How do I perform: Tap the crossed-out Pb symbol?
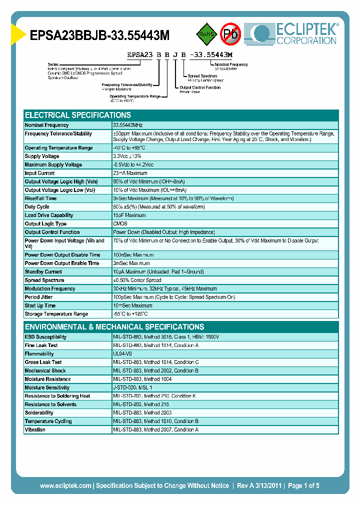pyautogui.click(x=230, y=33)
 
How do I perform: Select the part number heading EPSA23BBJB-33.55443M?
pyautogui.click(x=100, y=35)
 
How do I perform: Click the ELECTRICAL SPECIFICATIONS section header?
pyautogui.click(x=78, y=115)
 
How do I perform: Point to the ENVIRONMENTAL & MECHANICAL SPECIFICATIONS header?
pyautogui.click(x=114, y=326)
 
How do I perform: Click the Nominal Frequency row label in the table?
pyautogui.click(x=46, y=125)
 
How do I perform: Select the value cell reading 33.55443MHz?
pyautogui.click(x=128, y=125)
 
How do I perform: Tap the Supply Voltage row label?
pyautogui.click(x=42, y=156)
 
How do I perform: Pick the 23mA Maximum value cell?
pyautogui.click(x=130, y=173)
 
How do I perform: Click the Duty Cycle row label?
pyautogui.click(x=37, y=207)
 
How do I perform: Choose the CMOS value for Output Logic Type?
pyautogui.click(x=120, y=224)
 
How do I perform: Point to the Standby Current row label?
pyautogui.click(x=43, y=272)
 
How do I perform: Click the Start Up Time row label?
pyautogui.click(x=40, y=305)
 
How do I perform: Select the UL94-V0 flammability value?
pyautogui.click(x=122, y=354)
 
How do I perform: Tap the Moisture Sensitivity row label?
pyautogui.click(x=47, y=387)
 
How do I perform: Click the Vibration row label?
pyautogui.click(x=35, y=429)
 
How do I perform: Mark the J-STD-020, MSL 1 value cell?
pyautogui.click(x=132, y=387)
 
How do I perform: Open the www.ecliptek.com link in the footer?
pyautogui.click(x=65, y=485)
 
